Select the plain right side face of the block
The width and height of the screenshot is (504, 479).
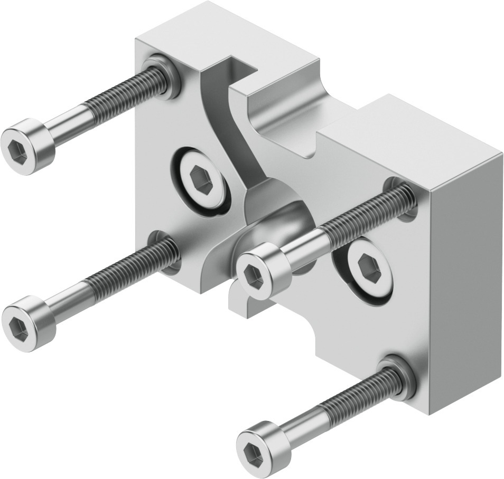click(465, 264)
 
